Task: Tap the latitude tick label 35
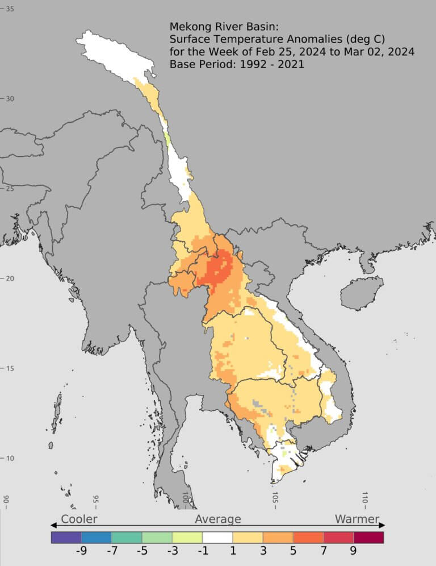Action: pos(10,9)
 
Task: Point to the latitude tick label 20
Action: pos(10,278)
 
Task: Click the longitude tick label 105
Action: pos(275,497)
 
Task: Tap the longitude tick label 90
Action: pos(6,500)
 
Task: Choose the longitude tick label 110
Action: pos(364,498)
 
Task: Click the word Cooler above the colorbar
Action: pos(79,519)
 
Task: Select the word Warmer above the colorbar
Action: pos(357,519)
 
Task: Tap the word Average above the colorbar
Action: pos(218,519)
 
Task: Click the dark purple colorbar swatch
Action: pos(66,537)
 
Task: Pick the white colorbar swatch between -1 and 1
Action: pos(217,537)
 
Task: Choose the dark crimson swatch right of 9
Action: pos(369,537)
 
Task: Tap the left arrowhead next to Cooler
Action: pos(53,525)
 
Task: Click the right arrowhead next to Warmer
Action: pos(382,525)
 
